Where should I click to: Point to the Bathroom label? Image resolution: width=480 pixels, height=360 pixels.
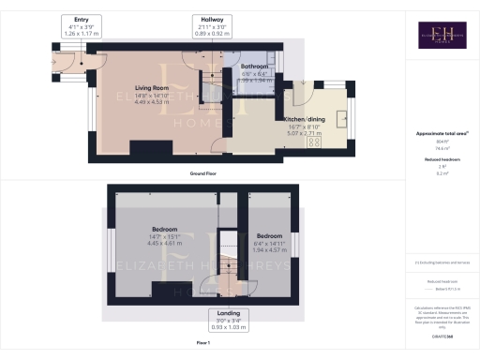(x=255, y=67)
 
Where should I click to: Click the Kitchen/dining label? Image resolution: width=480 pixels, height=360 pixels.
(x=304, y=120)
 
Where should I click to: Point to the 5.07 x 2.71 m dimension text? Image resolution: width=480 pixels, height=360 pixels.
(x=304, y=134)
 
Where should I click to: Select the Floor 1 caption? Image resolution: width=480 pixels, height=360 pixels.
(x=203, y=343)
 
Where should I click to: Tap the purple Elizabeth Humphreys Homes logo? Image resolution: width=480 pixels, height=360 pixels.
(x=443, y=35)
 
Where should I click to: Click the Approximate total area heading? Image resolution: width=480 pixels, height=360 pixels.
(x=442, y=134)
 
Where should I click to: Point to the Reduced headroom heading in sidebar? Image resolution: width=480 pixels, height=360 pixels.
(x=442, y=158)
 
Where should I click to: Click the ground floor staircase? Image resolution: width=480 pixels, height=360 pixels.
(x=213, y=84)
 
